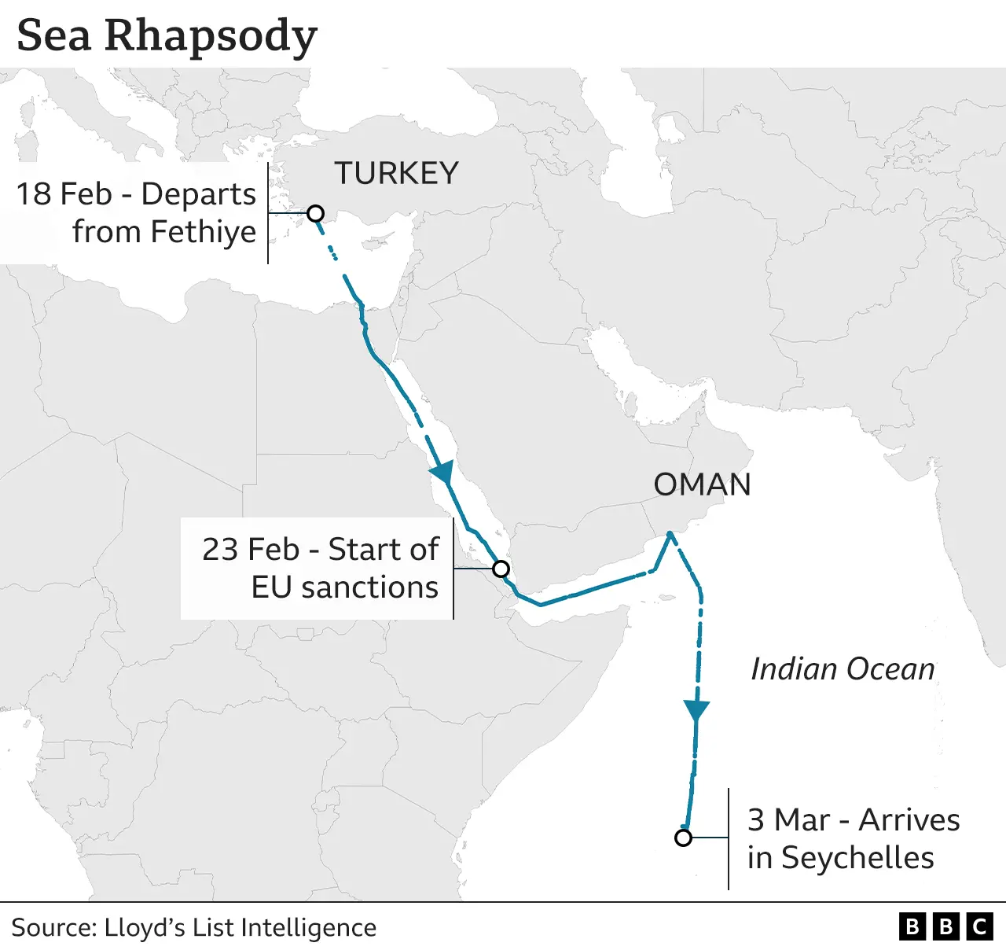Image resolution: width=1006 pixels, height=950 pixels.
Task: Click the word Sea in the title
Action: (x=53, y=35)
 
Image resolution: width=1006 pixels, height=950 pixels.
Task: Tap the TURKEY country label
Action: (x=397, y=173)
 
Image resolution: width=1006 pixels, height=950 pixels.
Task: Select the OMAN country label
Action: (x=702, y=484)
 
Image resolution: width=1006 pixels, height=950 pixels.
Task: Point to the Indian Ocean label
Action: (x=843, y=668)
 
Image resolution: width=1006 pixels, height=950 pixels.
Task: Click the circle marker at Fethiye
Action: (x=315, y=213)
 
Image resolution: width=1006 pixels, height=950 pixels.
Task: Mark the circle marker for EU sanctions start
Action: (x=501, y=569)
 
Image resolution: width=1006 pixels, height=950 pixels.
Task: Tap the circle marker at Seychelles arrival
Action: (x=683, y=838)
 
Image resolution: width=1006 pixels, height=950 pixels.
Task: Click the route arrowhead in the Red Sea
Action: (x=442, y=472)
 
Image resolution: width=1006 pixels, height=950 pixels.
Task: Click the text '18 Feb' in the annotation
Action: (x=64, y=194)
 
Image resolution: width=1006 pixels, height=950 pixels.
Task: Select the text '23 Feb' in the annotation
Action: (x=251, y=549)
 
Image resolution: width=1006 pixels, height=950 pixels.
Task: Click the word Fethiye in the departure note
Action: (x=203, y=232)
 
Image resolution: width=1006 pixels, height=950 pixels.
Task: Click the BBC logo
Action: (x=945, y=927)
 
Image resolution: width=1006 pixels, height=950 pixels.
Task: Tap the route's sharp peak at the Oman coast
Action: (x=670, y=534)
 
